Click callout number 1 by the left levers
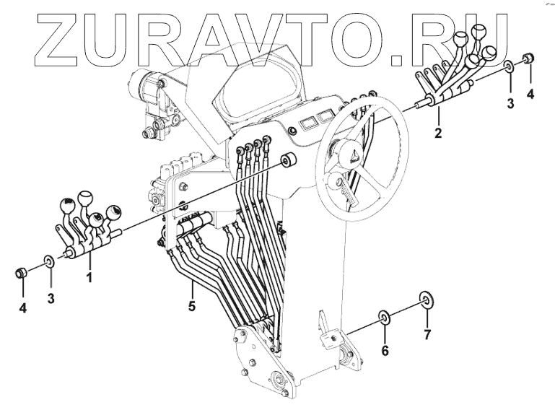pos(89,276)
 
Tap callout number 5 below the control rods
pos(191,305)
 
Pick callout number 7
pos(426,334)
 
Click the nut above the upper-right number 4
pos(529,58)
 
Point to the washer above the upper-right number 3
pos(510,68)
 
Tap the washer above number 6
pos(385,316)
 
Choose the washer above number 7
pos(426,299)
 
